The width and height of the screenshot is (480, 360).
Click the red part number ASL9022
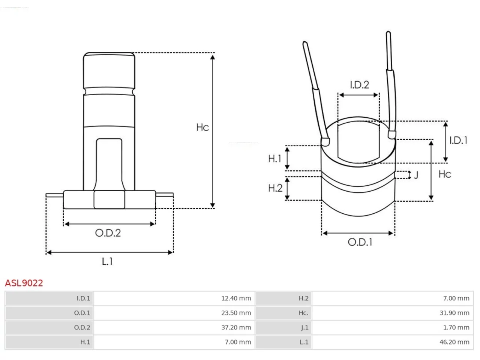click(24, 283)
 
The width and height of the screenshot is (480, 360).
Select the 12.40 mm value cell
click(174, 298)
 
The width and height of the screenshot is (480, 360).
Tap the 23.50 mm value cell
click(174, 313)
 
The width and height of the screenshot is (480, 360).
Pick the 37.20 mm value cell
click(174, 327)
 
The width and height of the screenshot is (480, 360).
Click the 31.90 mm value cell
click(392, 313)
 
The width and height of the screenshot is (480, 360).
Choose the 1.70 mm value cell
click(392, 327)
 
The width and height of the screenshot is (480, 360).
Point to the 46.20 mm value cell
click(392, 342)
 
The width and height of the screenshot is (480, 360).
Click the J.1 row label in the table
click(304, 328)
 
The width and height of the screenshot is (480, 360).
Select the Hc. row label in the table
click(303, 313)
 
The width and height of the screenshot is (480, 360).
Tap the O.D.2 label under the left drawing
click(108, 233)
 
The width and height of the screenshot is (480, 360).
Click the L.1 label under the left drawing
click(107, 261)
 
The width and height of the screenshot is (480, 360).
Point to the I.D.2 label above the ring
click(360, 85)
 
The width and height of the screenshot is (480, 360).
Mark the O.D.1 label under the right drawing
click(360, 242)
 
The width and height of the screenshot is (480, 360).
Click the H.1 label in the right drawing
click(274, 159)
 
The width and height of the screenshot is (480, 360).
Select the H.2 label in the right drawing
click(275, 188)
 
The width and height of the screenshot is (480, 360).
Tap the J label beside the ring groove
click(416, 175)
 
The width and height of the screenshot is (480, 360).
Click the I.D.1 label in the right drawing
click(458, 140)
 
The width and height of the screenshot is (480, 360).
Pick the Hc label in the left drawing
click(202, 127)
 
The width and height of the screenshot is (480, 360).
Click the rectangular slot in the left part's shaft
click(109, 164)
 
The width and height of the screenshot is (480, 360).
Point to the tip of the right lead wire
click(388, 32)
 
